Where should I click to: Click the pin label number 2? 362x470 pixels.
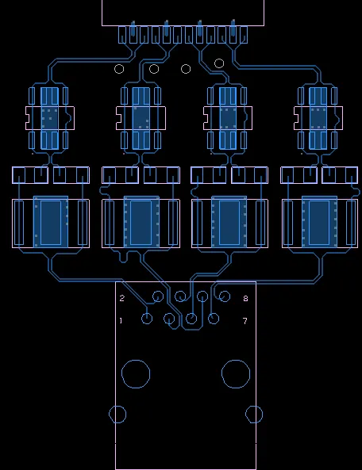(122, 298)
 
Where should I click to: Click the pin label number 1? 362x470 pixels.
(121, 321)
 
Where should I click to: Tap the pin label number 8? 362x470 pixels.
(245, 299)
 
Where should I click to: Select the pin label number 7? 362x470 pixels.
(245, 321)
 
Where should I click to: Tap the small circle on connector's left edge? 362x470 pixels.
(109, 415)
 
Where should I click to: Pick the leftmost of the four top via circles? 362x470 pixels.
(114, 69)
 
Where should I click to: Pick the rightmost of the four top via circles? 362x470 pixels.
(214, 63)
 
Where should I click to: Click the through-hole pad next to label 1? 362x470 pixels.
(141, 319)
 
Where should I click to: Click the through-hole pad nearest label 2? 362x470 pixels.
(152, 296)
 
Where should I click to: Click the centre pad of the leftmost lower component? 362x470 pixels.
(51, 223)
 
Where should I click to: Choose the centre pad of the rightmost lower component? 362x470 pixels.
(319, 223)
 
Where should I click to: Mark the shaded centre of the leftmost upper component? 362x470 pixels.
(49, 118)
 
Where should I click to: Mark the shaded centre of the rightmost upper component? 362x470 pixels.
(318, 118)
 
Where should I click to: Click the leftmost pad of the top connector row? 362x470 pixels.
(122, 35)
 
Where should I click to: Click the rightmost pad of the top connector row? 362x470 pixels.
(244, 35)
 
